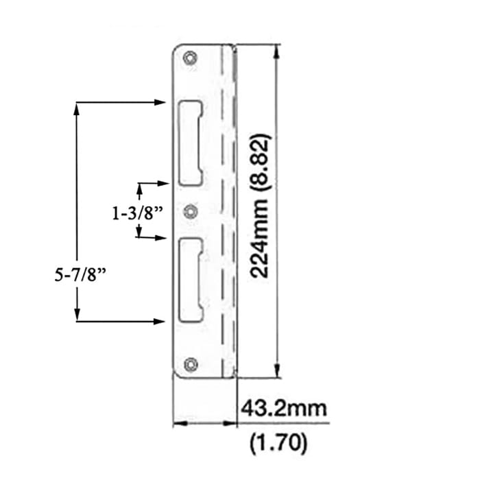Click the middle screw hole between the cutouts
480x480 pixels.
191,211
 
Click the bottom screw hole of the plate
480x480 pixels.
191,364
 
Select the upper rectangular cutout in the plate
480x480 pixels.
191,143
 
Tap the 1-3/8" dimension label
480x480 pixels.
137,213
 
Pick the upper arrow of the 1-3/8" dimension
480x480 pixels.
163,183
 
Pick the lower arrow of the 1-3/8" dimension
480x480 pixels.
163,238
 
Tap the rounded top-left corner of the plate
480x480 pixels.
176,49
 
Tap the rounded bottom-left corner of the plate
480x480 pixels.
176,372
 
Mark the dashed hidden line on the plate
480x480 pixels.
222,206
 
